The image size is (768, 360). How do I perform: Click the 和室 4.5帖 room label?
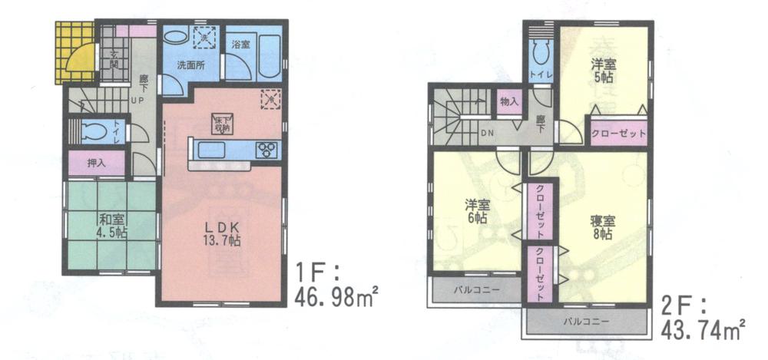click(111, 223)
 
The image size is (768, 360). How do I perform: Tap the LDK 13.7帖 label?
click(222, 234)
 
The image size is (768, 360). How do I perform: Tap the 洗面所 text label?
click(190, 65)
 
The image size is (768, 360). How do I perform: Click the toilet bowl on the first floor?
click(91, 131)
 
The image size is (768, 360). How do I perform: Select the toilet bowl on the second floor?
click(539, 53)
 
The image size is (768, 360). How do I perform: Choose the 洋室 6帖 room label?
click(477, 211)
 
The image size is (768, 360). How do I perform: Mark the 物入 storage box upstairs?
click(508, 101)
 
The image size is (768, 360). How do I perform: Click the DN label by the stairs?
click(487, 132)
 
